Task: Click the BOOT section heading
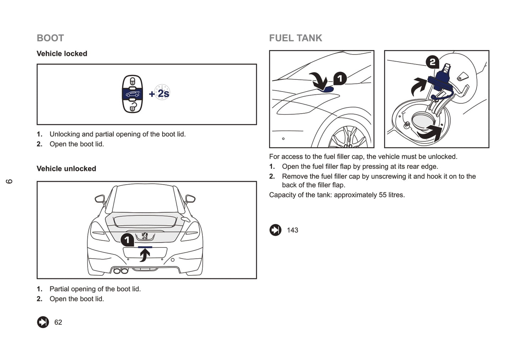[50, 38]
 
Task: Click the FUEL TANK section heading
[295, 38]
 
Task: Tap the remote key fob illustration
[132, 94]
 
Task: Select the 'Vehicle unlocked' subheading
[66, 168]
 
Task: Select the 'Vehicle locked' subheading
[62, 53]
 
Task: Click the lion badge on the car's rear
[144, 236]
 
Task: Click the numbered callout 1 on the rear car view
[127, 240]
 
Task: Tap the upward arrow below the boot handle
[144, 255]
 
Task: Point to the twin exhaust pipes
[121, 271]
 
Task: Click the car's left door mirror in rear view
[100, 198]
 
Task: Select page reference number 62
[58, 322]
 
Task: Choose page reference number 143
[292, 230]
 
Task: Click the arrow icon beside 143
[275, 230]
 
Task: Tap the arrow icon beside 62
[43, 322]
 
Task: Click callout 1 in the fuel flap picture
[340, 78]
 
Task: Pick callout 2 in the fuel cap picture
[432, 62]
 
